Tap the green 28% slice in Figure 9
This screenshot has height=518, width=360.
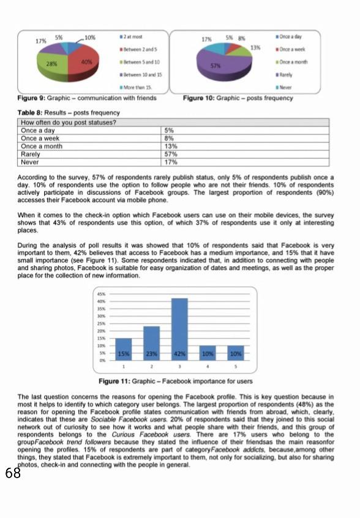coord(52,63)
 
